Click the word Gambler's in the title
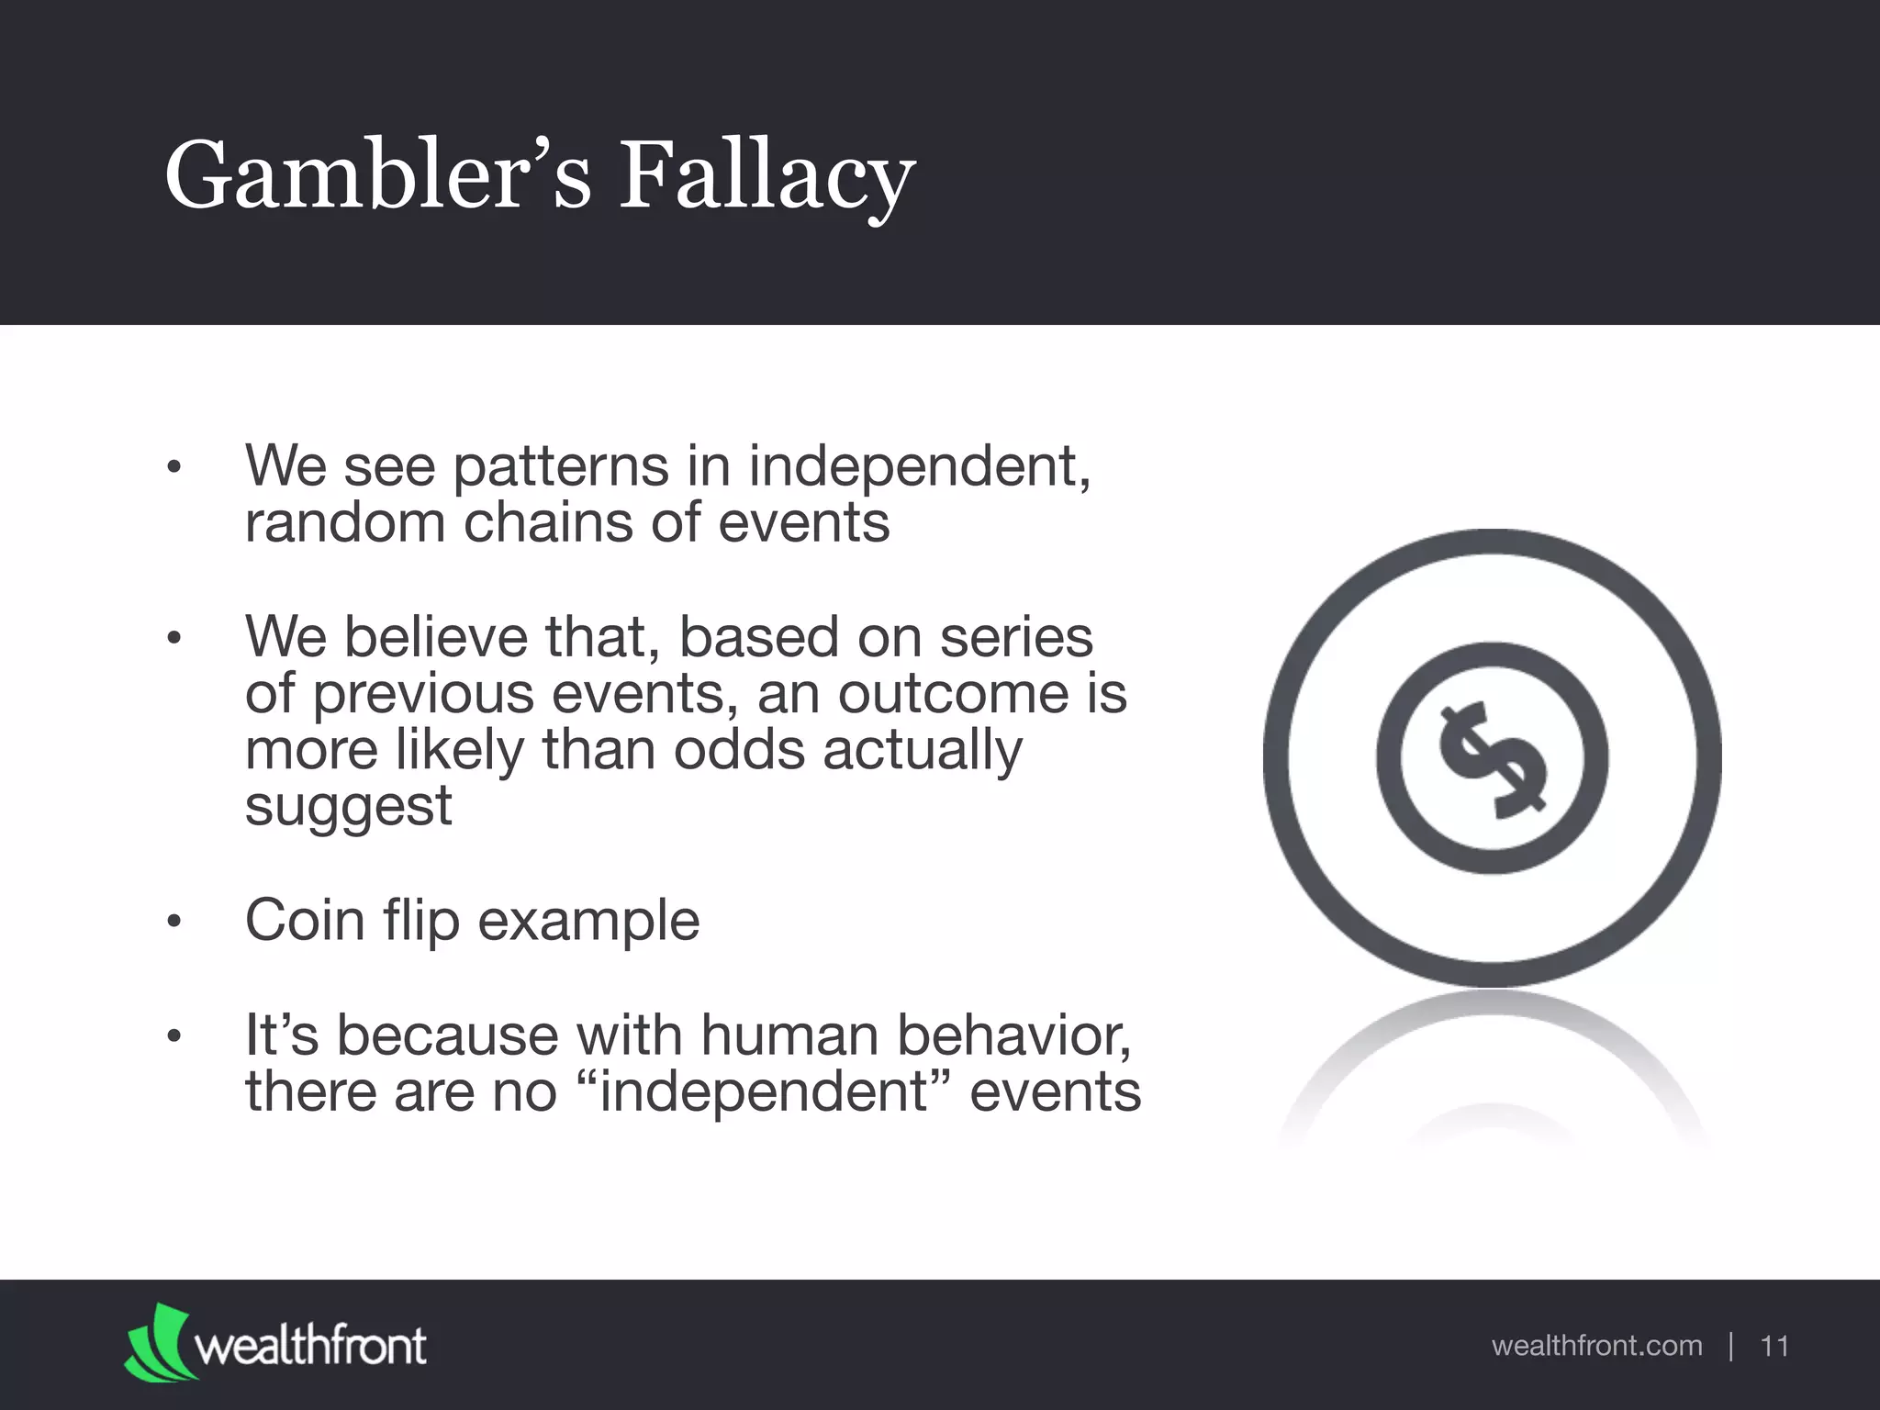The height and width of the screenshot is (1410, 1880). click(x=377, y=176)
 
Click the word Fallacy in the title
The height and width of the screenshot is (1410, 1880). click(x=767, y=176)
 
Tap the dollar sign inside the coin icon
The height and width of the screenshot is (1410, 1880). click(x=1492, y=759)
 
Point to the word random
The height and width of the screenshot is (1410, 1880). click(x=344, y=523)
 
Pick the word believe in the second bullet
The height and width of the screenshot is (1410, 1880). click(x=436, y=636)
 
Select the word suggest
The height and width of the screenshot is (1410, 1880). click(x=348, y=807)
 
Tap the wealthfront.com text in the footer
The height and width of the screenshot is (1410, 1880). click(x=1596, y=1346)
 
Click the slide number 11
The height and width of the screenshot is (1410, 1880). click(x=1774, y=1346)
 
